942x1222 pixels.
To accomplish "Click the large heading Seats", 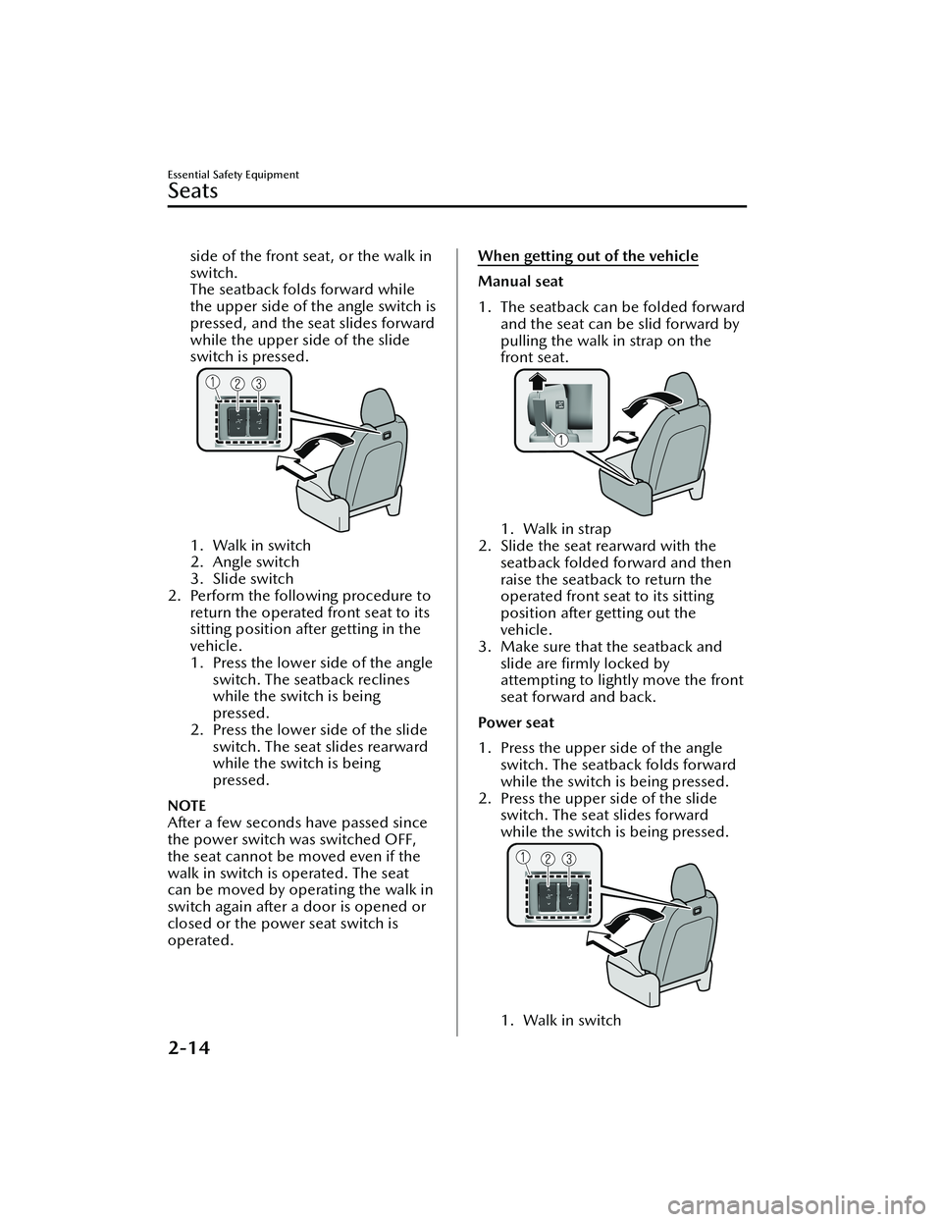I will [x=193, y=190].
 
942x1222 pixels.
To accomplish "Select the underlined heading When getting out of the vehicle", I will [x=588, y=257].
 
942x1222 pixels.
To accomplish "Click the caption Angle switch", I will [x=255, y=561].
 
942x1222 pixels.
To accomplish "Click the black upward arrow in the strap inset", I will [x=537, y=382].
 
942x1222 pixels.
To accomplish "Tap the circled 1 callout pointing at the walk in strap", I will [x=560, y=440].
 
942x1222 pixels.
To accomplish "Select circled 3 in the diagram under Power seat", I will [x=568, y=861].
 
